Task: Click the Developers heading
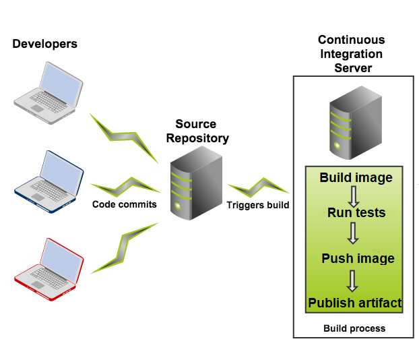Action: (x=44, y=44)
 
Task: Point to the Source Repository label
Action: (x=196, y=131)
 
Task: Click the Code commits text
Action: (x=125, y=204)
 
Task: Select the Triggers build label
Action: (x=258, y=205)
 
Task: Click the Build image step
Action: (x=356, y=178)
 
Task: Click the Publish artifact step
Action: (x=355, y=303)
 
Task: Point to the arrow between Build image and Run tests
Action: (x=353, y=196)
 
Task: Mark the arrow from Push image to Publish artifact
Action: (x=353, y=281)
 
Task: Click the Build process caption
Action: (x=354, y=328)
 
